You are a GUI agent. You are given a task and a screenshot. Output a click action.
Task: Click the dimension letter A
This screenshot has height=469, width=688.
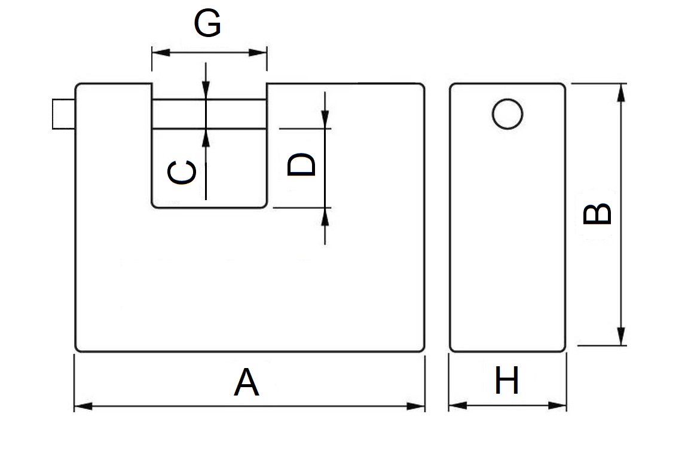point(246,383)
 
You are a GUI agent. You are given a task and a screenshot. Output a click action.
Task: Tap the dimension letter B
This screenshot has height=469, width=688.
point(597,214)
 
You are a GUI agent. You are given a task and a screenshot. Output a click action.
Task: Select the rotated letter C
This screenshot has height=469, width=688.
point(181,173)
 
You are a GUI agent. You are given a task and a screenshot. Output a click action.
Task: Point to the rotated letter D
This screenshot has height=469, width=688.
point(301,164)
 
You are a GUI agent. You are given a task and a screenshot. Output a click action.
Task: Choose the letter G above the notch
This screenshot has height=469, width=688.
point(207,24)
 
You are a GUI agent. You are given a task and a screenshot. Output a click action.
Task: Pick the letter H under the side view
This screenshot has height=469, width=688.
point(507,381)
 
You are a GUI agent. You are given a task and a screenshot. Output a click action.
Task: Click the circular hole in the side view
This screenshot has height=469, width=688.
point(507,114)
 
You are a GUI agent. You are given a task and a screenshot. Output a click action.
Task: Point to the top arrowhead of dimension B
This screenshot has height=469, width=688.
point(621,92)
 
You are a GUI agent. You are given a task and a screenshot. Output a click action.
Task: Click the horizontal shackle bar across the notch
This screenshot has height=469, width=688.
point(208,114)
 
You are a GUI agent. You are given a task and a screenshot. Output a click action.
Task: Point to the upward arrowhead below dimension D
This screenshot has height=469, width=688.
point(325,216)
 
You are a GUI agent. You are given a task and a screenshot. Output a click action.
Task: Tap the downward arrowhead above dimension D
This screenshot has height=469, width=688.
point(325,119)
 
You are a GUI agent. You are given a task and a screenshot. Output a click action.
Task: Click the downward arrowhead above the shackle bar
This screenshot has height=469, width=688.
point(206,90)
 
